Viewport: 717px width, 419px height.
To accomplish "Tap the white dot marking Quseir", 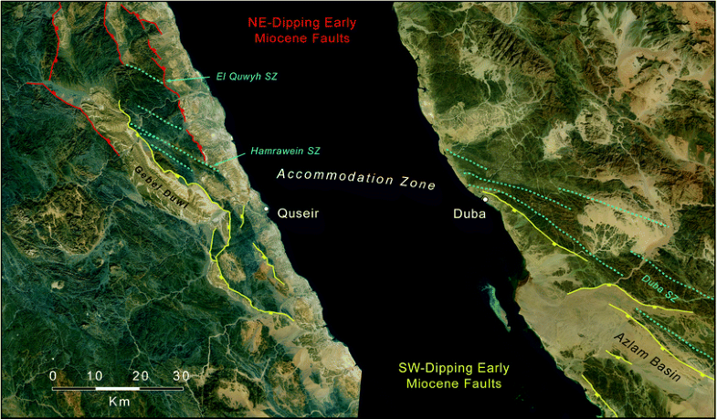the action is click(x=267, y=210).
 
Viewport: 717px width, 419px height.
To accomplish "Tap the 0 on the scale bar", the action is click(x=53, y=375).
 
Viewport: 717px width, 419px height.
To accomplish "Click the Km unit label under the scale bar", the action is click(x=117, y=401).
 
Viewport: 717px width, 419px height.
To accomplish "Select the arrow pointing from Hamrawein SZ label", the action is click(x=233, y=156).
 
